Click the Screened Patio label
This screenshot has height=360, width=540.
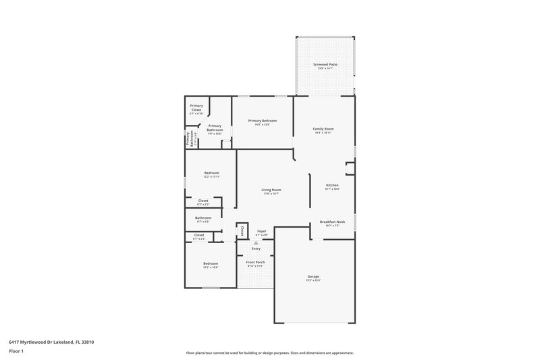tap(325, 64)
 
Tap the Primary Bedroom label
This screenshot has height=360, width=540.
tap(263, 121)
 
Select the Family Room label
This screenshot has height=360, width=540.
tap(323, 128)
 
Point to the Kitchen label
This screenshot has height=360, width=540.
tap(332, 185)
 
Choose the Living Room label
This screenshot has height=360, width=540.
tap(271, 190)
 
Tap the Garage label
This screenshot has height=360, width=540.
tap(313, 276)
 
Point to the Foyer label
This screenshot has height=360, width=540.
tap(261, 231)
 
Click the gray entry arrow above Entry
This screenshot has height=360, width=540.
tap(255, 242)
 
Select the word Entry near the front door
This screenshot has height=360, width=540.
tap(255, 249)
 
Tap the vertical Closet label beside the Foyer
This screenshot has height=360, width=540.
tap(242, 231)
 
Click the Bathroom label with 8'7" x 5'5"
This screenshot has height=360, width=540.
tap(203, 217)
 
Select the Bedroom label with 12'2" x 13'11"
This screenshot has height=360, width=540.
tap(211, 173)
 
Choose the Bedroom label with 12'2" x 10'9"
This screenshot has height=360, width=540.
tap(211, 263)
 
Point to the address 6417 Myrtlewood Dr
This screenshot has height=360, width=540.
tap(51, 342)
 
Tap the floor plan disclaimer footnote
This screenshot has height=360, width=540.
tap(270, 353)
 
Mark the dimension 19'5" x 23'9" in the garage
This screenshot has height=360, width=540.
tap(313, 280)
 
